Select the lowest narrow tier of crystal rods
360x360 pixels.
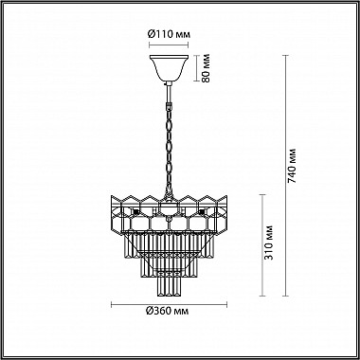point(167,279)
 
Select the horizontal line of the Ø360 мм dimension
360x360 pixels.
point(168,305)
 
